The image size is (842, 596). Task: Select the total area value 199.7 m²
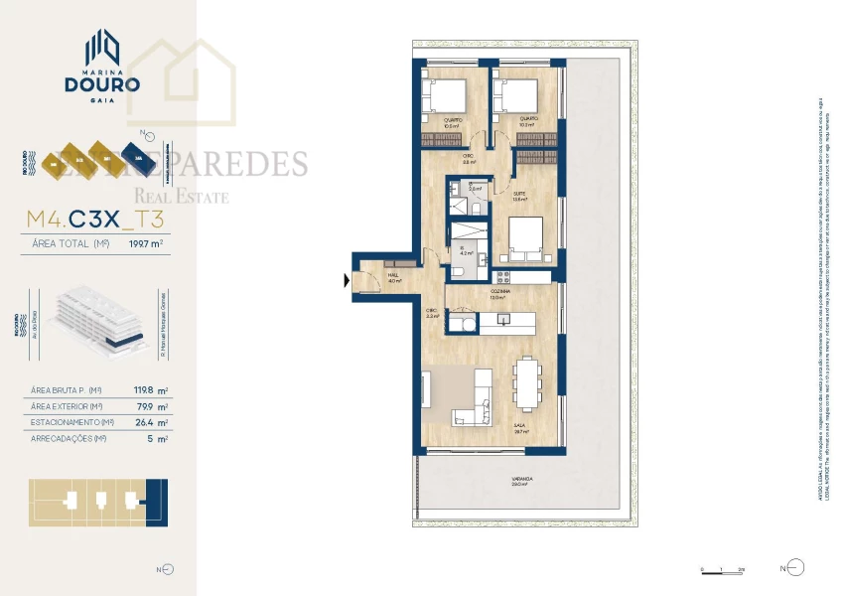pos(146,241)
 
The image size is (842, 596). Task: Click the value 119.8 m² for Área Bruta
pos(150,390)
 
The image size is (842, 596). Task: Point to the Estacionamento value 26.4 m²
pos(150,422)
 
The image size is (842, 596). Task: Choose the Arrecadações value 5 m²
pos(157,438)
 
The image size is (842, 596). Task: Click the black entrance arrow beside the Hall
pos(346,281)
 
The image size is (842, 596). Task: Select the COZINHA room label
pos(497,290)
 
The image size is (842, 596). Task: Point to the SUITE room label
pos(518,193)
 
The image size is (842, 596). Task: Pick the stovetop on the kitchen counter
pos(502,274)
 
